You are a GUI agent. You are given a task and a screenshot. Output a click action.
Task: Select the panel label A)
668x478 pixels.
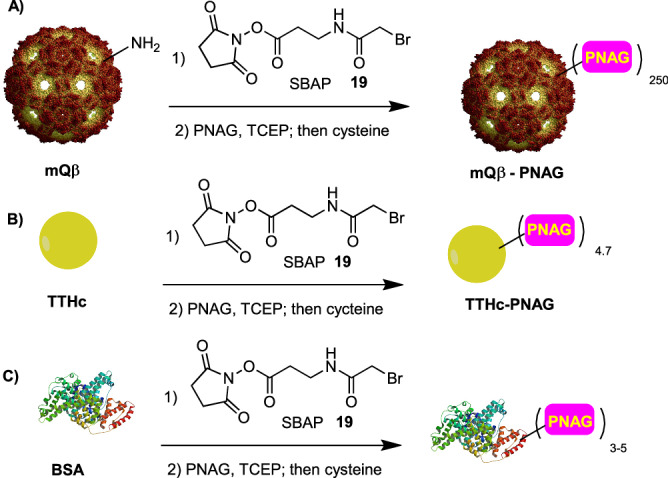coord(15,13)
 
